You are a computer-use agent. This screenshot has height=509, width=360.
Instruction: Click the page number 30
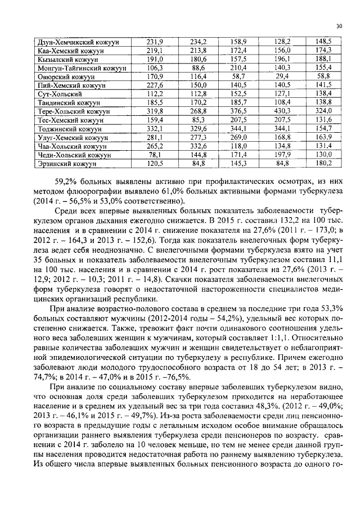[339, 26]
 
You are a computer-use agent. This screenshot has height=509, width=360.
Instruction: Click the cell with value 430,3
[282, 111]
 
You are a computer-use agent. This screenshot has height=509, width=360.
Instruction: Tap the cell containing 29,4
[282, 76]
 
